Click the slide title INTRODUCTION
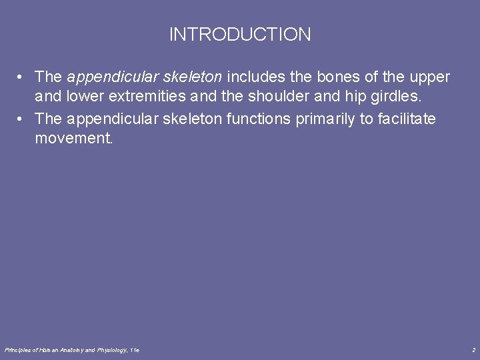point(240,35)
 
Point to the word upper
point(431,78)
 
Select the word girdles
point(397,97)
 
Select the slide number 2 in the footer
point(473,350)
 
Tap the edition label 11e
point(135,350)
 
